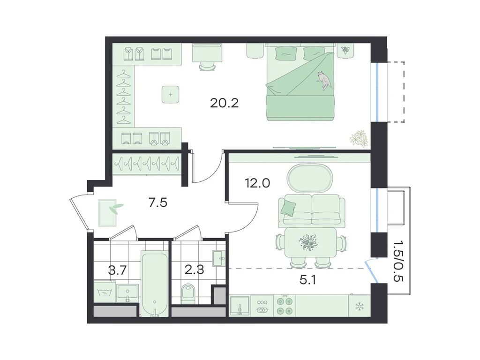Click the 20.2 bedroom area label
[x=224, y=104]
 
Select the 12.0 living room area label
[x=257, y=183]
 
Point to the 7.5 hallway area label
[x=158, y=202]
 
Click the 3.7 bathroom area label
[x=117, y=270]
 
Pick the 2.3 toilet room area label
[x=194, y=270]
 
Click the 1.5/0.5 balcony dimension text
[x=399, y=261]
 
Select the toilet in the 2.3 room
[x=188, y=293]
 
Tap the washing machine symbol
[x=105, y=292]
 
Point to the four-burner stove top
[x=285, y=306]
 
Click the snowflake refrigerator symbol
[x=359, y=307]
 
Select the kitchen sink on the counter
[x=240, y=306]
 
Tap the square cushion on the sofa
[x=288, y=207]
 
